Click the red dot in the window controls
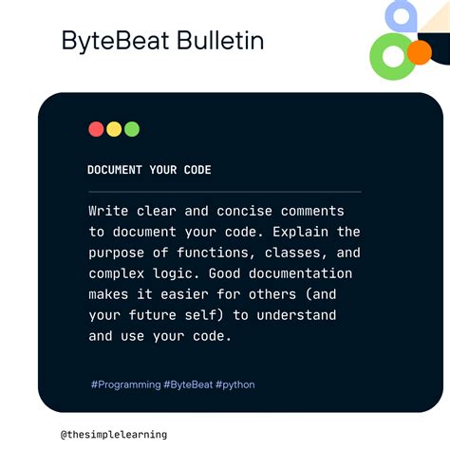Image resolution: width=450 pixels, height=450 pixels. (96, 129)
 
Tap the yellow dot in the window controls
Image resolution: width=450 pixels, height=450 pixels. (114, 129)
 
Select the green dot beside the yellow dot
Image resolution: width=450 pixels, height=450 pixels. (132, 129)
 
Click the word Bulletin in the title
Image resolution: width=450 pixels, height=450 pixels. (217, 41)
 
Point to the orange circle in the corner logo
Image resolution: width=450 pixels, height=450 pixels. (418, 52)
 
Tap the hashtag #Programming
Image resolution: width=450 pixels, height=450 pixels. (126, 384)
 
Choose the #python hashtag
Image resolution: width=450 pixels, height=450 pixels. (234, 384)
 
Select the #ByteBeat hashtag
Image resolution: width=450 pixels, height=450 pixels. (189, 384)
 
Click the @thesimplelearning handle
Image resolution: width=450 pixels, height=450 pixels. (114, 434)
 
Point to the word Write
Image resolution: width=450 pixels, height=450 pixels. (109, 211)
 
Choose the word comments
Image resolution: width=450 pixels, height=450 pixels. (312, 211)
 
